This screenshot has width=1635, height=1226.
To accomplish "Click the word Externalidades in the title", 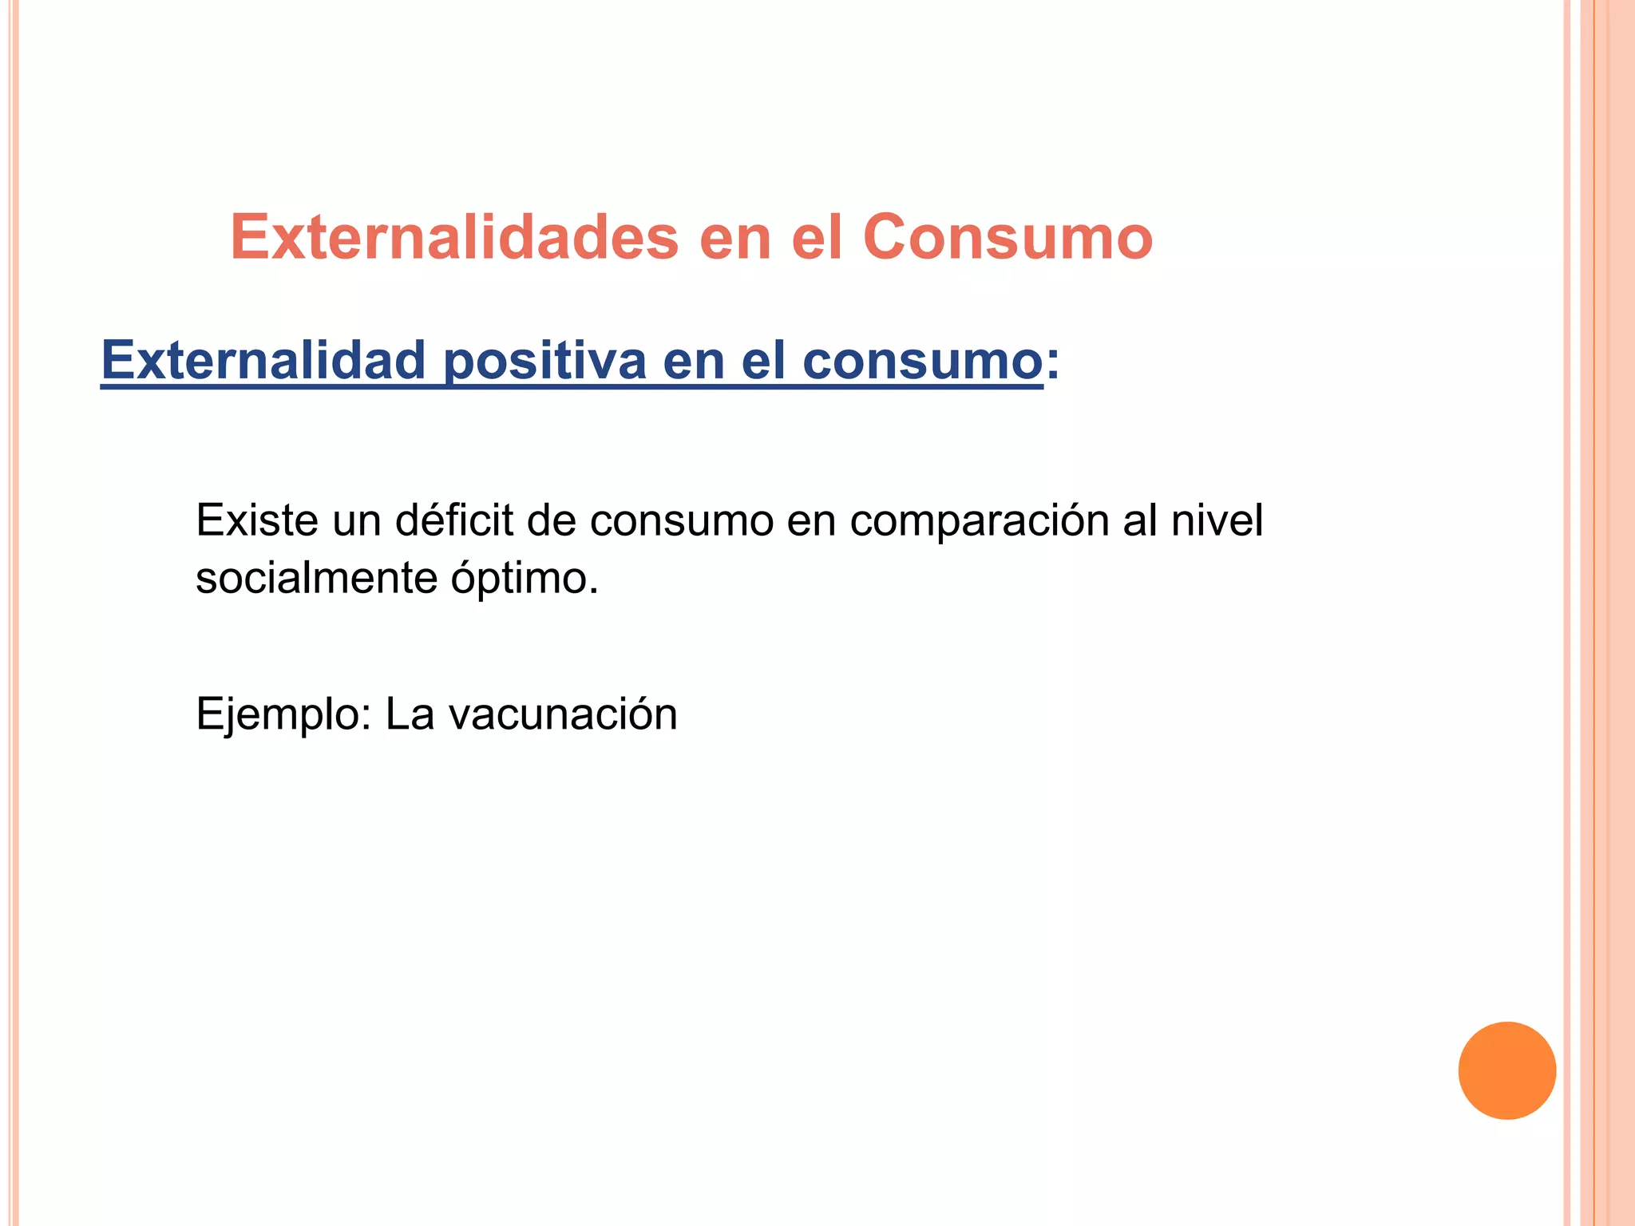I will coord(454,237).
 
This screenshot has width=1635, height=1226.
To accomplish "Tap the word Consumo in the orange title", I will coord(1008,237).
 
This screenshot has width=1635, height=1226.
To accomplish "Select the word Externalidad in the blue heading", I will coord(263,360).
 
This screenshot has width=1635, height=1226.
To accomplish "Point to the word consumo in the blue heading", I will coord(922,360).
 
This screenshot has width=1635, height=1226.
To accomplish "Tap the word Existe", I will coord(257,520).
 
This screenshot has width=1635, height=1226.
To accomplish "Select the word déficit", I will coord(454,520).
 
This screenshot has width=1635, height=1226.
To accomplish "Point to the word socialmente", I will coord(316,578).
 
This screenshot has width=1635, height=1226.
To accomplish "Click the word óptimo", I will coord(524,579).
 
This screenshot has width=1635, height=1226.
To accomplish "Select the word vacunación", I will coord(563,714).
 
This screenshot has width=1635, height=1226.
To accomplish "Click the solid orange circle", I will coord(1506,1070).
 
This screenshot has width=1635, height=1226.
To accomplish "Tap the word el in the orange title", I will coord(817,237).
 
